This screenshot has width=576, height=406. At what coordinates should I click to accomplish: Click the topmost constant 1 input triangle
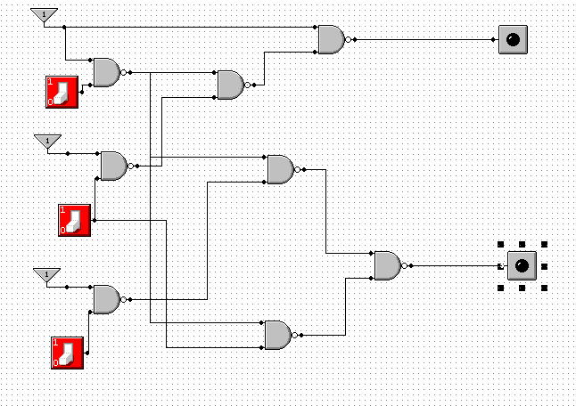[x=44, y=15]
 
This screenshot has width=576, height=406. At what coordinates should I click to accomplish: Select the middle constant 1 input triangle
[x=47, y=142]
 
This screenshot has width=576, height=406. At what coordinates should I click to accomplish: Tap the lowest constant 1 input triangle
[x=45, y=274]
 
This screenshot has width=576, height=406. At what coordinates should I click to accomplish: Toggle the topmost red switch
[x=62, y=92]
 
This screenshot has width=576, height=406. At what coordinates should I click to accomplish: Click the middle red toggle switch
[x=75, y=219]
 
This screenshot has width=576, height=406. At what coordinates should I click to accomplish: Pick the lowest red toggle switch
[x=68, y=352]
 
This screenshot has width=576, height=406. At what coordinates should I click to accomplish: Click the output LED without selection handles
[x=513, y=39]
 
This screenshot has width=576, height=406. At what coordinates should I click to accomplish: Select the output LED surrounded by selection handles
[x=522, y=265]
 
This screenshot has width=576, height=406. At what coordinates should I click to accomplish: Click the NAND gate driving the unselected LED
[x=331, y=39]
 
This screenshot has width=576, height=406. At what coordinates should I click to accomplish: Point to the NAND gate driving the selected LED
[x=387, y=265]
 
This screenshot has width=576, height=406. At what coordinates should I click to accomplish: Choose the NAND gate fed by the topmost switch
[x=106, y=72]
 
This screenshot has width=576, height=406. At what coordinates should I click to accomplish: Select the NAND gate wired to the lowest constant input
[x=106, y=299]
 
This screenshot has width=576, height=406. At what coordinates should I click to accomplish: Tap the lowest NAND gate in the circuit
[x=277, y=335]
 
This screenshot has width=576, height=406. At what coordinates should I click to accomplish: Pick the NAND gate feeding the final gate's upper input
[x=280, y=169]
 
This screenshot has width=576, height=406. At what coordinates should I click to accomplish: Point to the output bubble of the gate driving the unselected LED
[x=348, y=39]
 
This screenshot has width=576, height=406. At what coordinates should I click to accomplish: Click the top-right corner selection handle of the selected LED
[x=544, y=243]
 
